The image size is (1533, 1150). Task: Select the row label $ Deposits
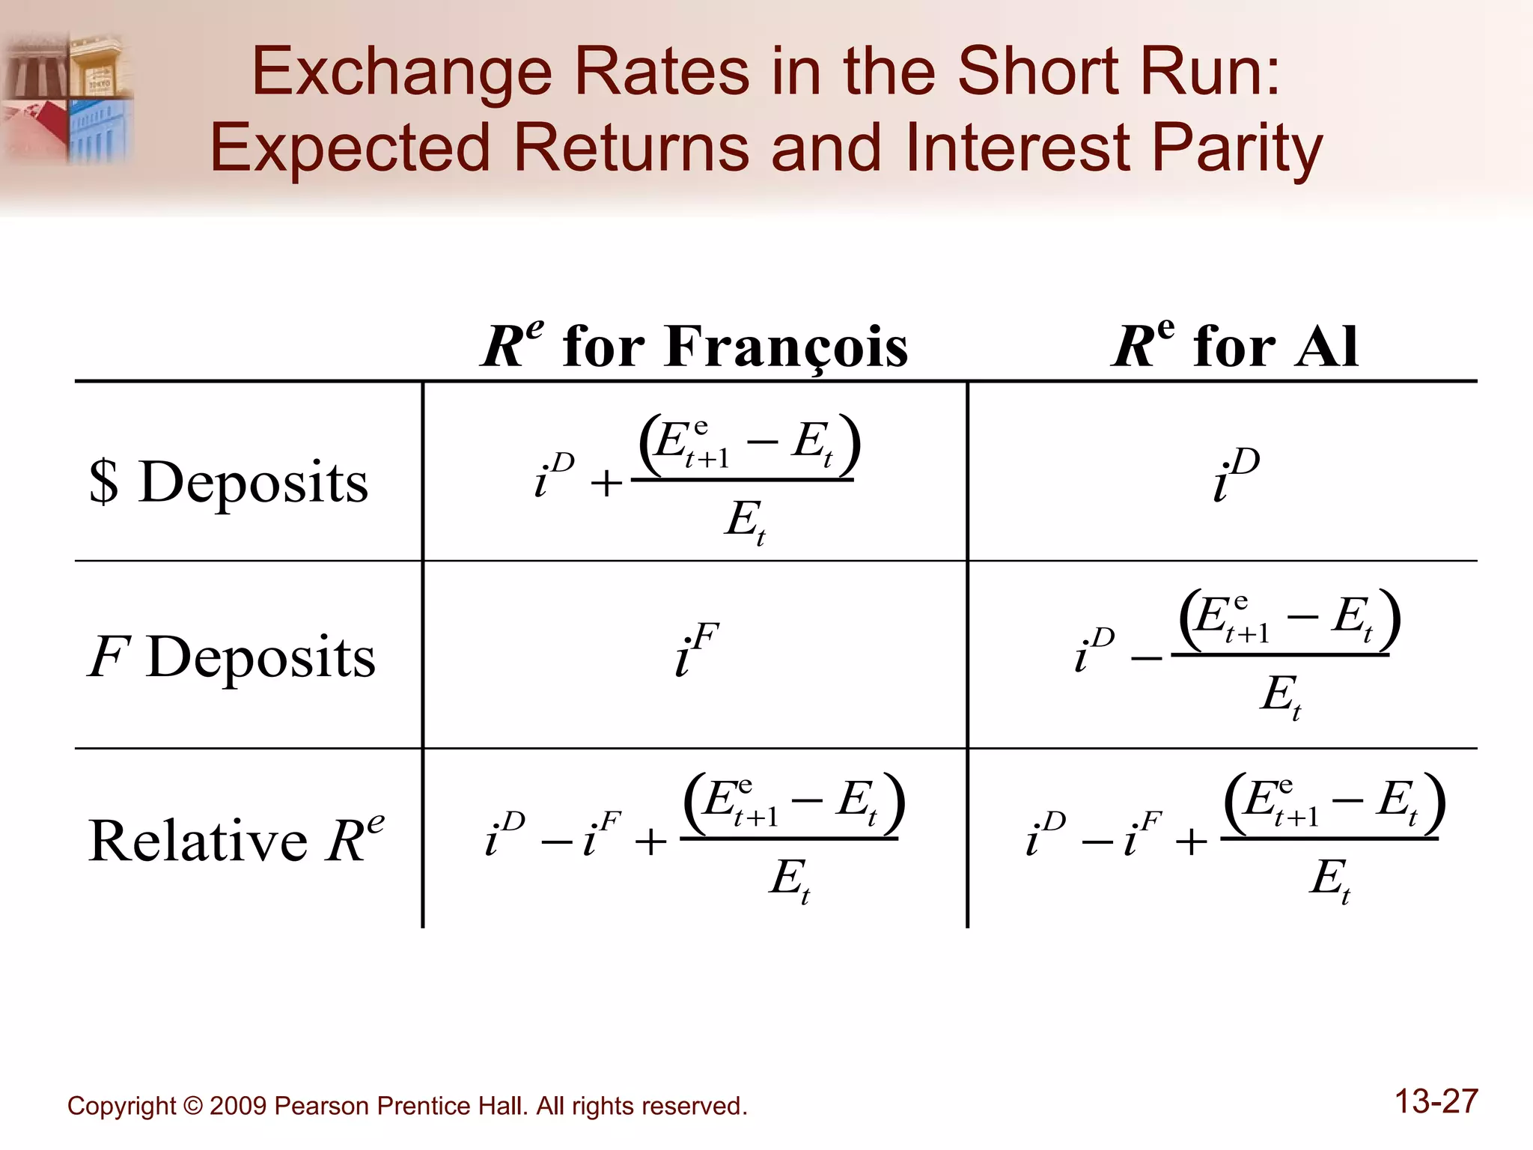[229, 481]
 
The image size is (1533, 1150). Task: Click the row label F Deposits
[232, 657]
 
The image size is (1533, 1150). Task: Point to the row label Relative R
[235, 839]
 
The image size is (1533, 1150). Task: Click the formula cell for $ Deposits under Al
[1236, 475]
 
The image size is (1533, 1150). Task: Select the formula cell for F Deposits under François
[696, 649]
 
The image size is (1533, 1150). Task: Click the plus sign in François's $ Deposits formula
[606, 483]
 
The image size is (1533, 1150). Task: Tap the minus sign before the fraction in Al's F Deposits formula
[1146, 658]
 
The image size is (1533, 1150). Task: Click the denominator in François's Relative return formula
[790, 880]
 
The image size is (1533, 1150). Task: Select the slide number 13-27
[1436, 1101]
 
